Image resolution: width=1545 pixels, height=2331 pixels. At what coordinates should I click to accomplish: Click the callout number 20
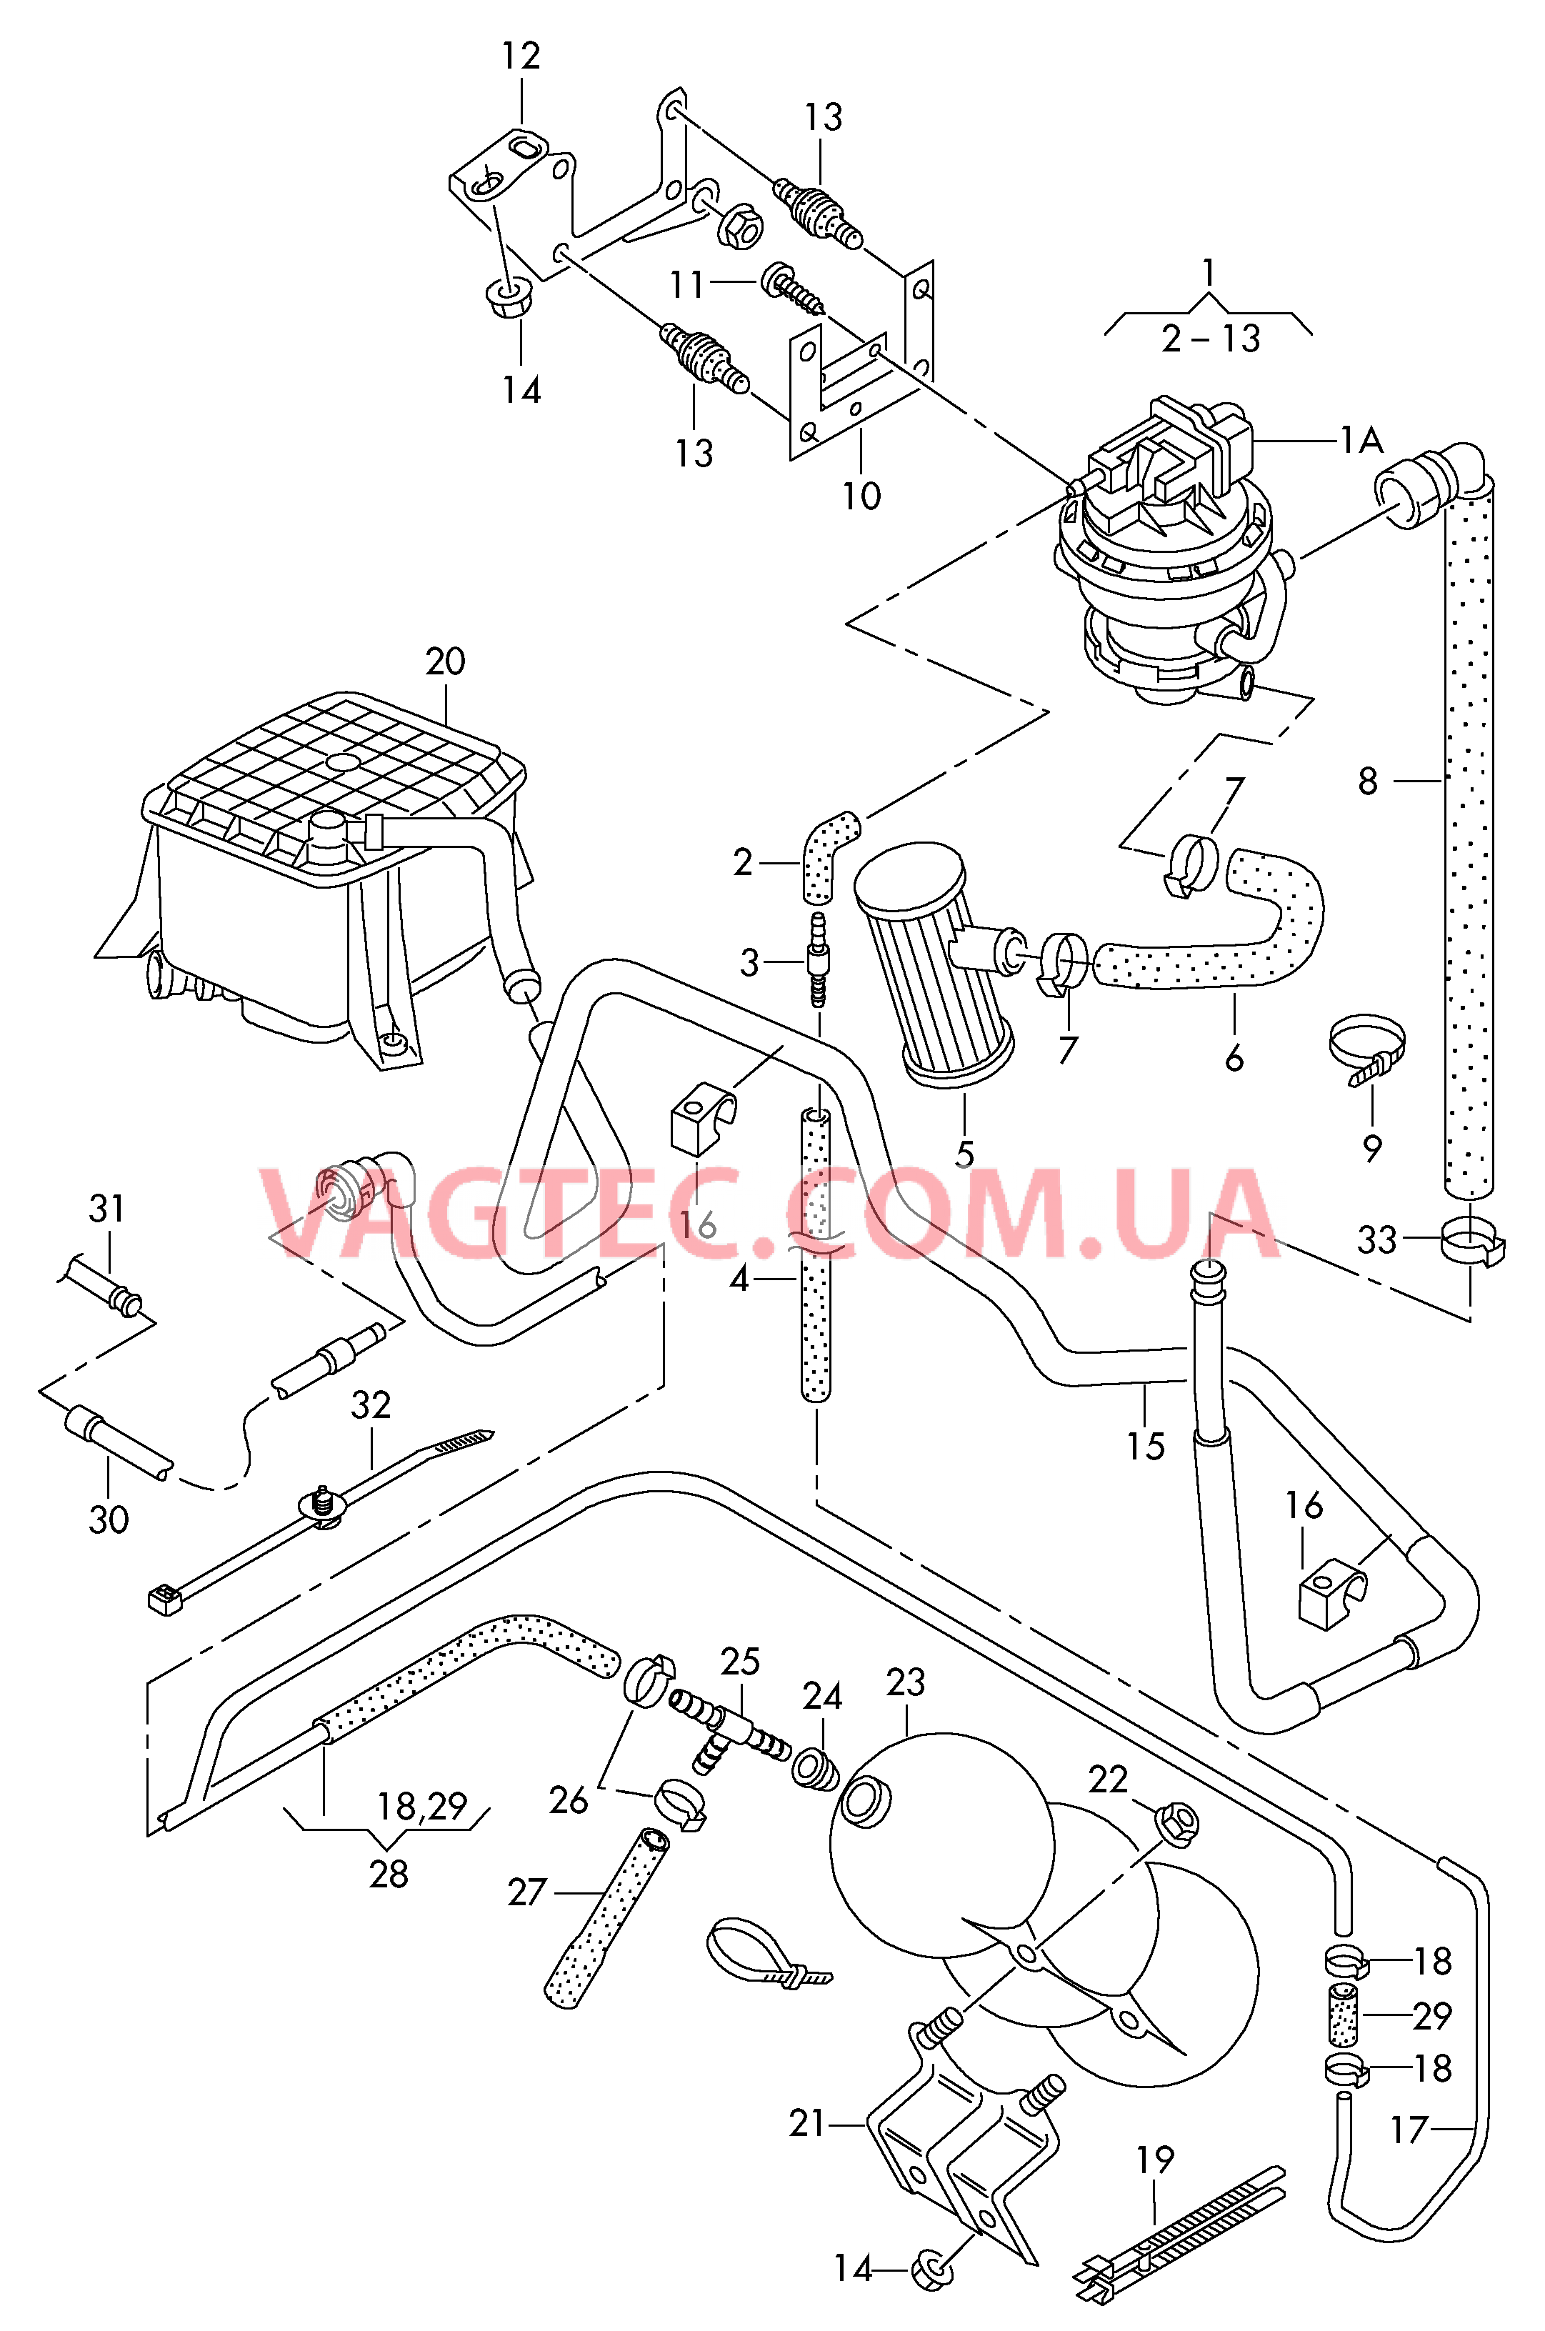[x=446, y=662]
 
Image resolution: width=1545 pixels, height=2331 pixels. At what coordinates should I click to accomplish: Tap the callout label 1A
[x=1360, y=440]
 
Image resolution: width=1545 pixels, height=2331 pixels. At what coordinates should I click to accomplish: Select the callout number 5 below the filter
[x=964, y=1154]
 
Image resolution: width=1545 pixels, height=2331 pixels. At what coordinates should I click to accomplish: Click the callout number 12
[x=521, y=57]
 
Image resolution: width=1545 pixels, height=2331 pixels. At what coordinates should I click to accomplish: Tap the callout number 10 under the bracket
[x=861, y=496]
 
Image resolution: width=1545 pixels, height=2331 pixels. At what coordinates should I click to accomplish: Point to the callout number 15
[x=1146, y=1447]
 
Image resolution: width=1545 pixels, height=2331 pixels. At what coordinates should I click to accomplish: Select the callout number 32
[x=371, y=1405]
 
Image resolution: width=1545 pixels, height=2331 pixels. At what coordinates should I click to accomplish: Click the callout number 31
[x=107, y=1209]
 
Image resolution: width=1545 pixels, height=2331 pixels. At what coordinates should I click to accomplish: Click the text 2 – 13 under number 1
[x=1211, y=339]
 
